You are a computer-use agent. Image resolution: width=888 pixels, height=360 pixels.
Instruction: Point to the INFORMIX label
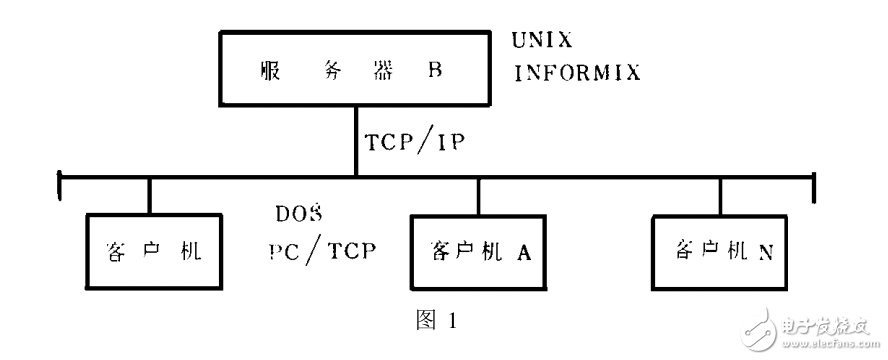point(577,73)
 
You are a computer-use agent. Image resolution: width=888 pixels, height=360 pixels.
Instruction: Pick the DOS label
point(296,214)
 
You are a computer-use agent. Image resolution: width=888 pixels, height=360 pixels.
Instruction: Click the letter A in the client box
point(522,252)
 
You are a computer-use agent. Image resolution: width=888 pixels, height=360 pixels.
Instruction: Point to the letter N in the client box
point(764,250)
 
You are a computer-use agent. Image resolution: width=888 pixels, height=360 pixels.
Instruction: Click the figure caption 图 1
point(434,321)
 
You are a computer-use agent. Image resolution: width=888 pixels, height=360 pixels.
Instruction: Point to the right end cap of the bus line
point(815,181)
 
